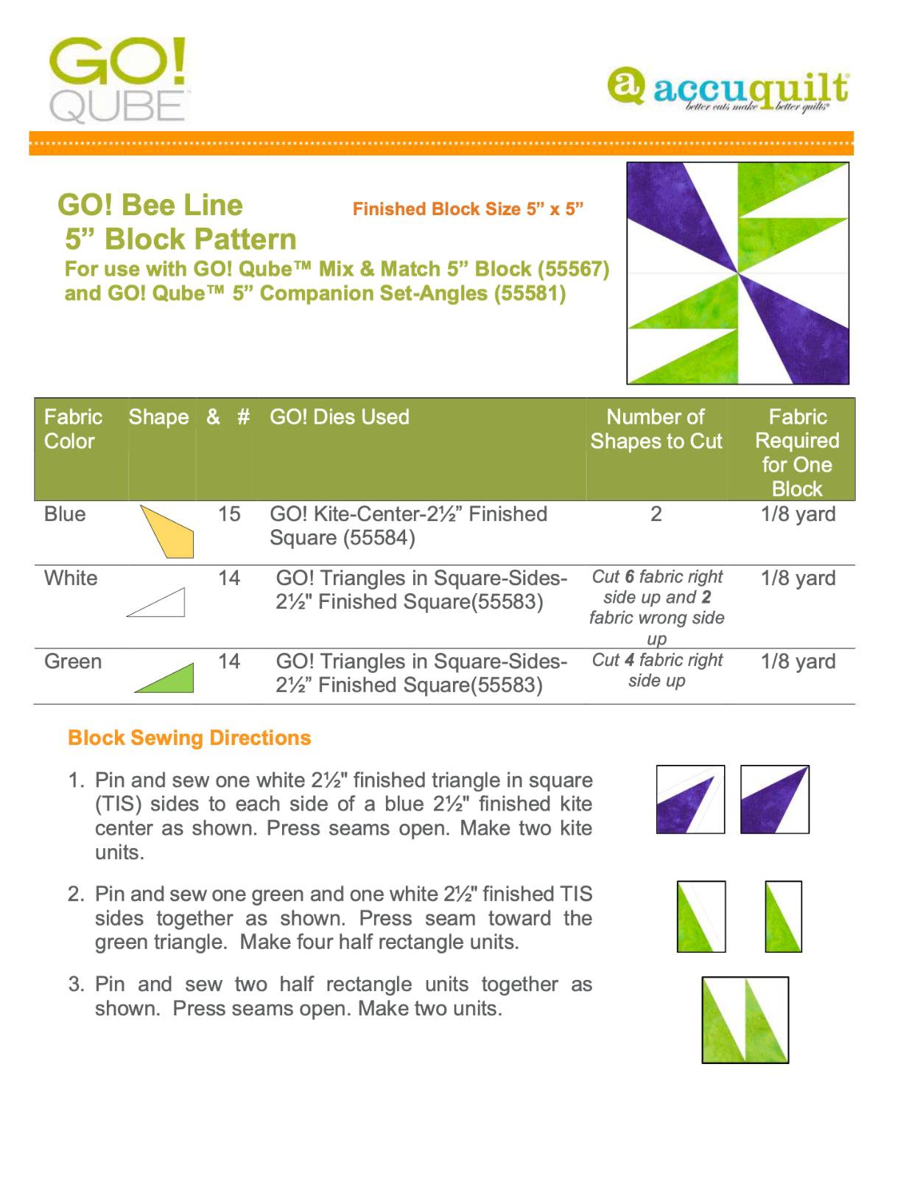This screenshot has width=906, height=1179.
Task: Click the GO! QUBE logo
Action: click(x=119, y=80)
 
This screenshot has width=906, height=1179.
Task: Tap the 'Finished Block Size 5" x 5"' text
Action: click(x=468, y=209)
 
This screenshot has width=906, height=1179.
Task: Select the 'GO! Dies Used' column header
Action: click(x=339, y=417)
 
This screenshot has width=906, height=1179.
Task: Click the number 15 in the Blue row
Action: click(x=229, y=514)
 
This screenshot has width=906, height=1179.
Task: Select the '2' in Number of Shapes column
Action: click(x=656, y=514)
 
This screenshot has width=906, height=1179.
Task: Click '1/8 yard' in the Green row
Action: click(x=798, y=662)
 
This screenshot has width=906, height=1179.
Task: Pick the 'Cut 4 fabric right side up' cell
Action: click(x=657, y=671)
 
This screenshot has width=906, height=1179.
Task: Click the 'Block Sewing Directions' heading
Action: click(x=189, y=738)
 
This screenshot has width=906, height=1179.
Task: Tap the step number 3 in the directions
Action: click(x=75, y=984)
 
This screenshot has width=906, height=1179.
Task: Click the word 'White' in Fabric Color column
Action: click(x=71, y=578)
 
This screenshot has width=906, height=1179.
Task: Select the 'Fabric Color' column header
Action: click(x=72, y=429)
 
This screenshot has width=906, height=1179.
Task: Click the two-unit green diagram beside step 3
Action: click(x=745, y=1020)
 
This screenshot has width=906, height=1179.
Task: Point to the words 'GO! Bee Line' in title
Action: click(x=150, y=206)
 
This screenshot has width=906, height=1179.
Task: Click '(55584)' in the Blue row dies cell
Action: click(x=380, y=539)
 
